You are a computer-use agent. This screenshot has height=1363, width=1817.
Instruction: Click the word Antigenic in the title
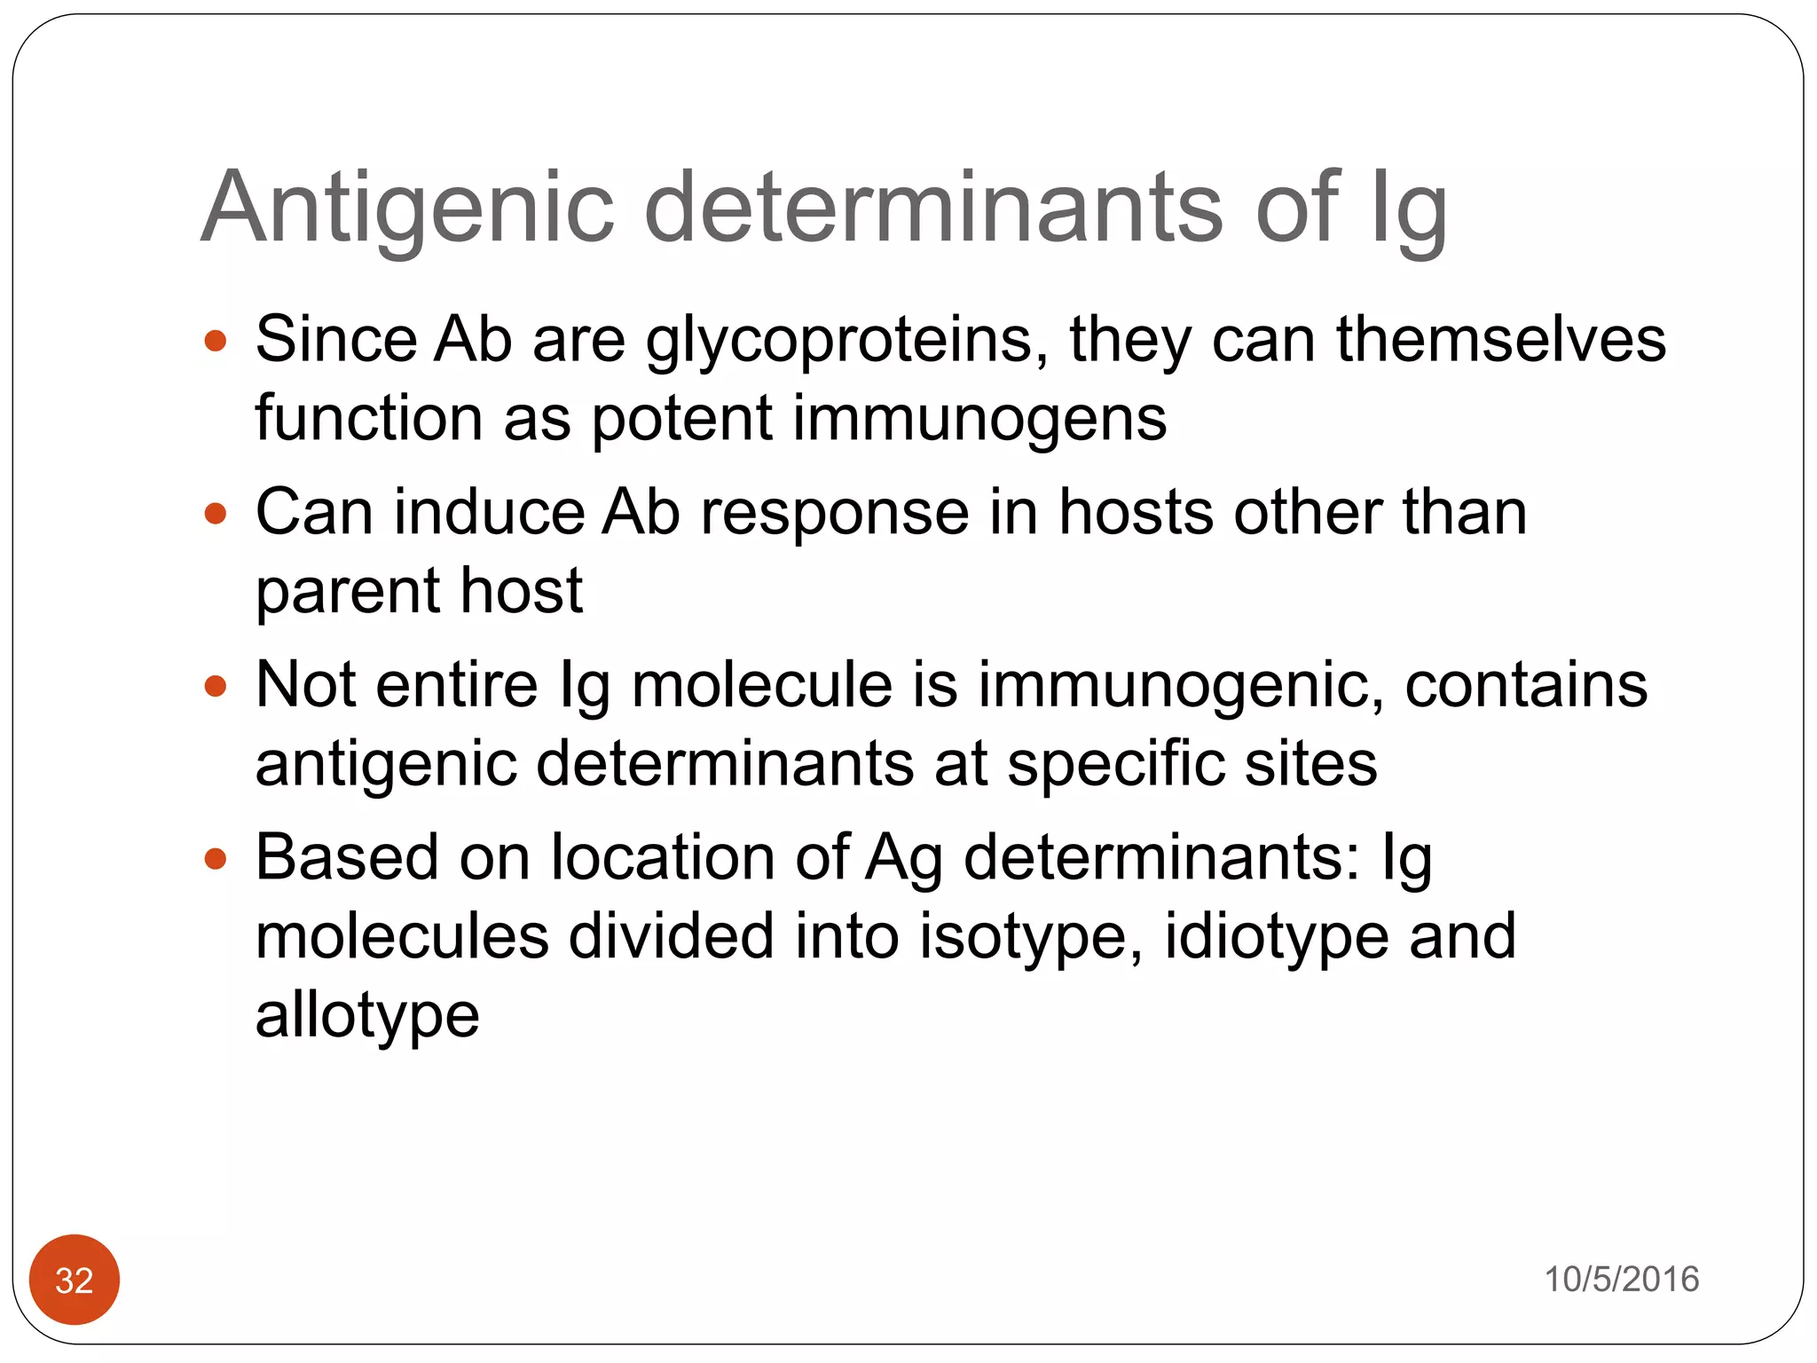pyautogui.click(x=407, y=208)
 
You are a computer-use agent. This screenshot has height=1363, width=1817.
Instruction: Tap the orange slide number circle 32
pyautogui.click(x=75, y=1280)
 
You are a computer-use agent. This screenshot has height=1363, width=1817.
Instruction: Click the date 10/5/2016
pyautogui.click(x=1622, y=1280)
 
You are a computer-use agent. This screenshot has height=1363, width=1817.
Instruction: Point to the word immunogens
pyautogui.click(x=979, y=419)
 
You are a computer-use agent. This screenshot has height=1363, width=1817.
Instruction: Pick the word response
pyautogui.click(x=834, y=513)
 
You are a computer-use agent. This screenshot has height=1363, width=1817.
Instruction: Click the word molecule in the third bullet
pyautogui.click(x=762, y=685)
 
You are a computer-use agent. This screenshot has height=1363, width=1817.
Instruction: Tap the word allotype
pyautogui.click(x=367, y=1016)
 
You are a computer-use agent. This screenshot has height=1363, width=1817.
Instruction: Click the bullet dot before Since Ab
pyautogui.click(x=216, y=341)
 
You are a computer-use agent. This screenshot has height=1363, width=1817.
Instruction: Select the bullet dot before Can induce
pyautogui.click(x=216, y=514)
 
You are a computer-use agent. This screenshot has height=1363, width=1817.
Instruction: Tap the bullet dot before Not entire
pyautogui.click(x=216, y=686)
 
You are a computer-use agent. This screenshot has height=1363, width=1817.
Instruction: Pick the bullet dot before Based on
pyautogui.click(x=216, y=859)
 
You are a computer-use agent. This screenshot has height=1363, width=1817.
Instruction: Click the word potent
pyautogui.click(x=681, y=419)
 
